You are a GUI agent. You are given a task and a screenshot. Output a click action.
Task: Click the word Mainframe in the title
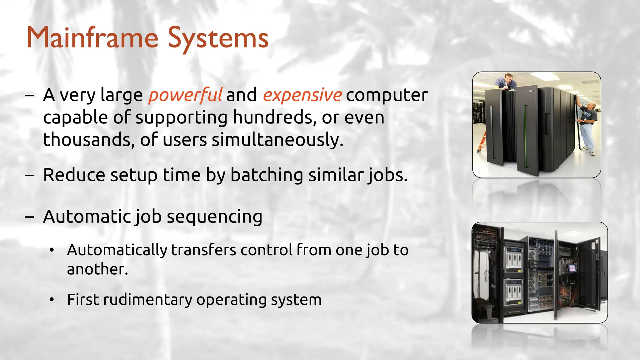(x=92, y=37)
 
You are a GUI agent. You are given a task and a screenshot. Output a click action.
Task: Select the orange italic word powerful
(x=185, y=95)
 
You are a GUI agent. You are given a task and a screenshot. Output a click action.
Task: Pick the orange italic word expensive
(x=302, y=95)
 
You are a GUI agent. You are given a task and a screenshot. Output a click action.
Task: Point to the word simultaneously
(x=277, y=140)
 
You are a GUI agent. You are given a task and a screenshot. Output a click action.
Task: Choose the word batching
(x=267, y=175)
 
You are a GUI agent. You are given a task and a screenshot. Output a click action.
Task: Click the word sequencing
(x=215, y=217)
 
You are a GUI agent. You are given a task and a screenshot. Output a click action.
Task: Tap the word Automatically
(x=117, y=250)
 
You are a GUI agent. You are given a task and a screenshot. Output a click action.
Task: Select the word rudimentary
(x=147, y=299)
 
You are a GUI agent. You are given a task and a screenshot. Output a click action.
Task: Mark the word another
(x=97, y=269)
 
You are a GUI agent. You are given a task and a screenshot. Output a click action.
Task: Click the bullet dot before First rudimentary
(x=52, y=300)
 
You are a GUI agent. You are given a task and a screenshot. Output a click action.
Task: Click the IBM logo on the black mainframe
(x=531, y=91)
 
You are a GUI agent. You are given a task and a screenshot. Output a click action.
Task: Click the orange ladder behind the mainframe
(x=482, y=142)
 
